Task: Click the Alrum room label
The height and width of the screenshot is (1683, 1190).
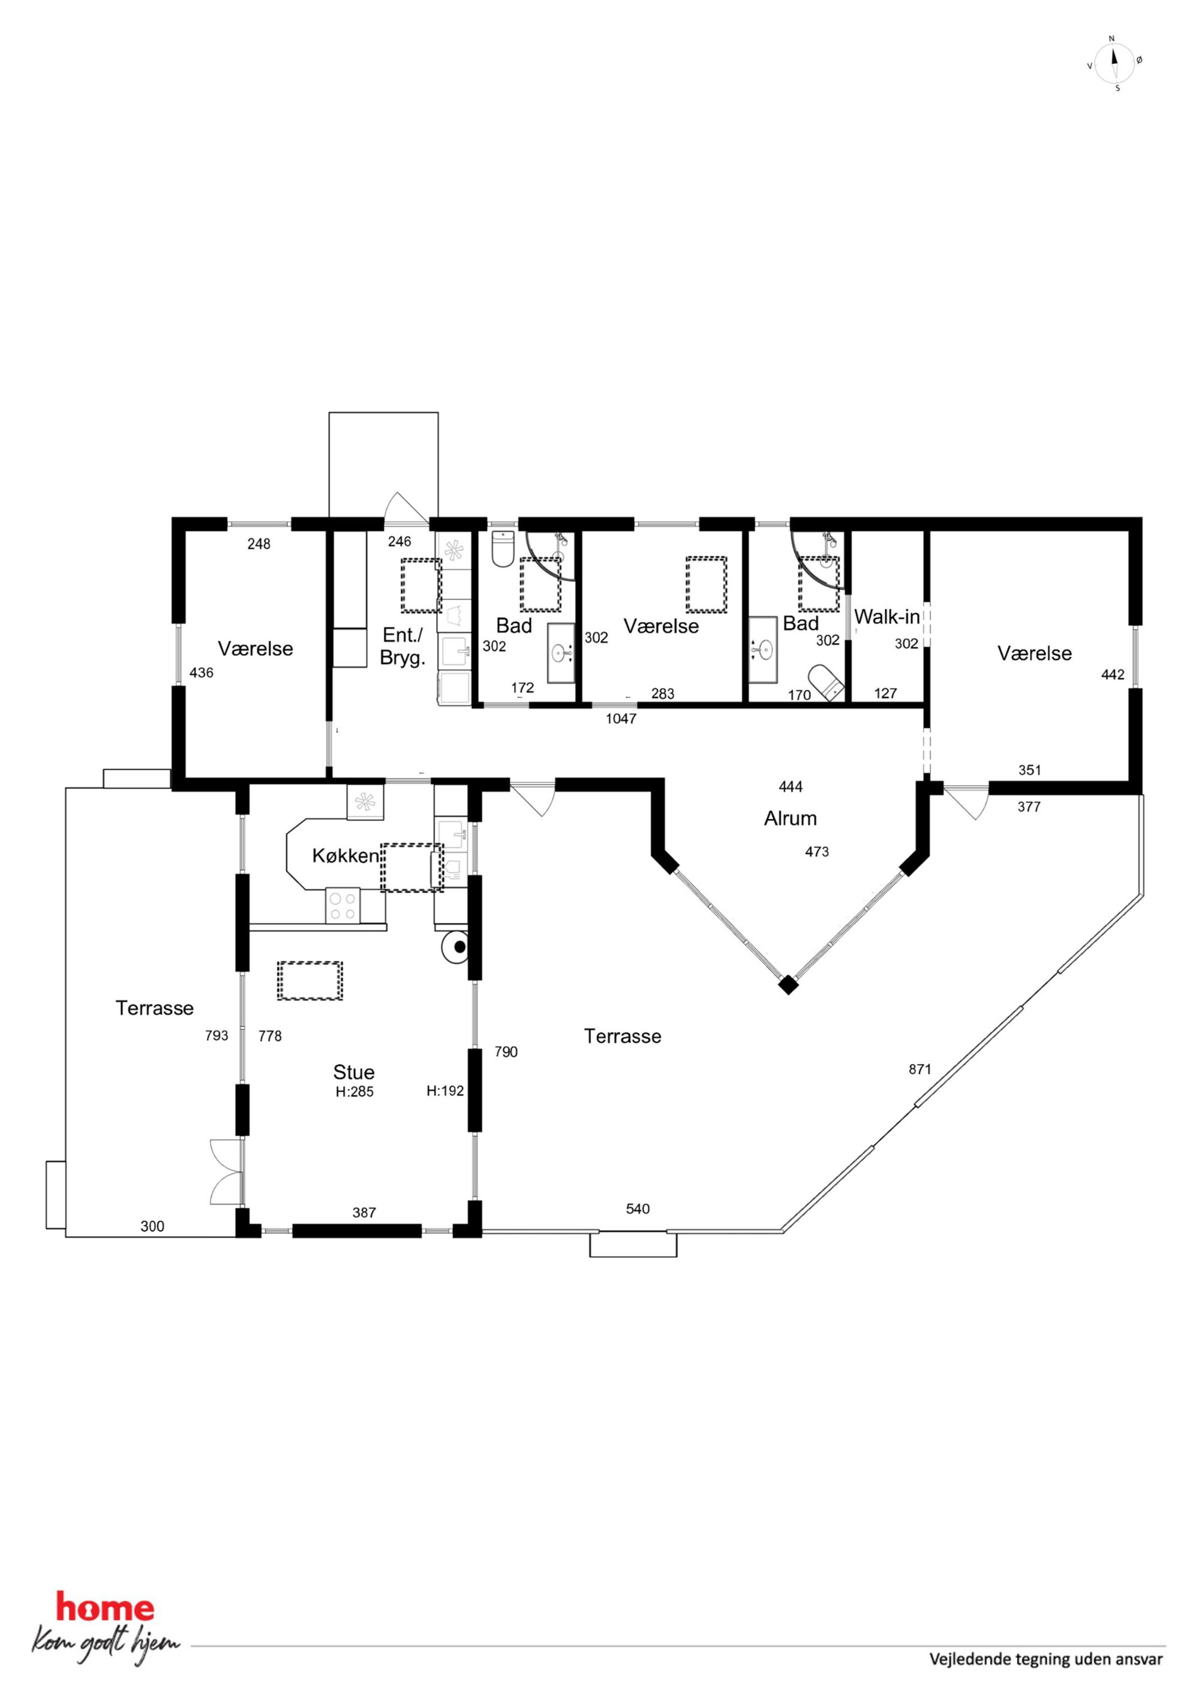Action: (x=790, y=819)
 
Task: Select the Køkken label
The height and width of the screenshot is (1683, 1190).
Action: (x=345, y=855)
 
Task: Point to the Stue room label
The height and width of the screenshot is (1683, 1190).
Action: (x=353, y=1072)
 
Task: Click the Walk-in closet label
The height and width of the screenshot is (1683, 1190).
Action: (x=887, y=617)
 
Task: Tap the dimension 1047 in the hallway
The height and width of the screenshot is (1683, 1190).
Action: (x=620, y=719)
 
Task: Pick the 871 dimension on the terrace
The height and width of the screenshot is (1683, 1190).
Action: (x=919, y=1069)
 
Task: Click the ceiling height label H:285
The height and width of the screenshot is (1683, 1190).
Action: (x=354, y=1092)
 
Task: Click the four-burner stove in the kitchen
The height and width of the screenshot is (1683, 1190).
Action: (x=342, y=905)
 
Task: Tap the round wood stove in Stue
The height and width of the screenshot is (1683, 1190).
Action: (x=455, y=947)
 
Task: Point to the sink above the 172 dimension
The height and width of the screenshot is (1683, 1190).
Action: (x=563, y=653)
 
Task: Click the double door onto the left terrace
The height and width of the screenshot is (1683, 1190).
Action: (x=227, y=1171)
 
